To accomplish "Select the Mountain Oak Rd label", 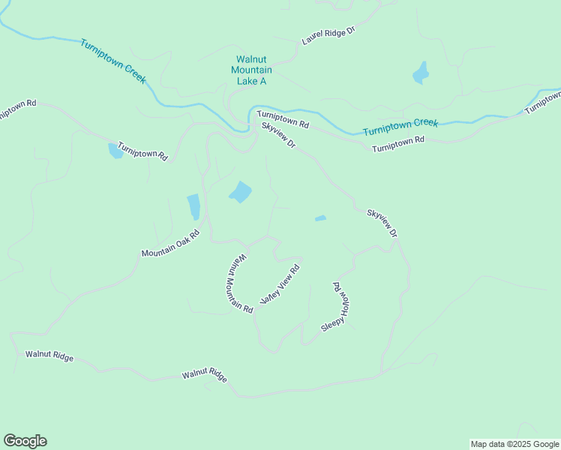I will [171, 244].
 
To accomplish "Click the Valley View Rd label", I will [280, 284].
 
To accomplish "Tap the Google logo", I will [25, 441].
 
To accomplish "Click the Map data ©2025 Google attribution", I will [515, 444].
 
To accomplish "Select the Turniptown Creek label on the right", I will [400, 127].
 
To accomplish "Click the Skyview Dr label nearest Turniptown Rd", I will [279, 135].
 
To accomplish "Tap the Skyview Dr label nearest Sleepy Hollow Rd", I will [382, 223].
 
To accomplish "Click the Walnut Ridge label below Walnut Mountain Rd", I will [204, 375].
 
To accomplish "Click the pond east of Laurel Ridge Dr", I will [420, 74].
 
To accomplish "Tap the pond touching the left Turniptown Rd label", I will [115, 151].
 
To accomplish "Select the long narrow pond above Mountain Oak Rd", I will [193, 206].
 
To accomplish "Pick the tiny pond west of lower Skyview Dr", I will [320, 218].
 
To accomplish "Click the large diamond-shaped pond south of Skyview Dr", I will [240, 193].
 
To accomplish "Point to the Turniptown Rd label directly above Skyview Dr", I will [283, 118].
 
